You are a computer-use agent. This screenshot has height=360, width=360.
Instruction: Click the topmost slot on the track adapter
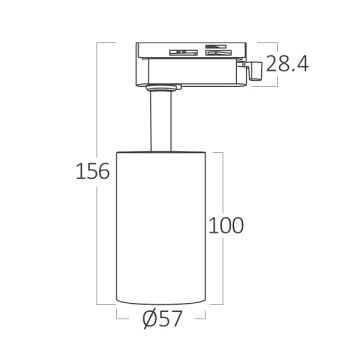(x=215, y=47)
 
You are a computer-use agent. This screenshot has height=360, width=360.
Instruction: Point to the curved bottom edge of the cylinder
(x=163, y=304)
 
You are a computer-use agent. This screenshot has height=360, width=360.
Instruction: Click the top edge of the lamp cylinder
(x=163, y=153)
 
